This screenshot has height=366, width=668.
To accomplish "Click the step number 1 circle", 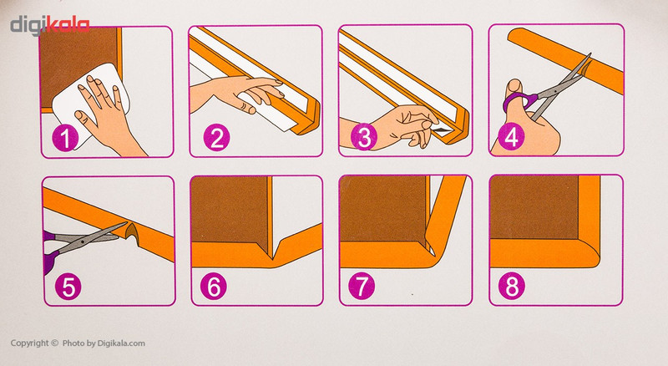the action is (65, 138).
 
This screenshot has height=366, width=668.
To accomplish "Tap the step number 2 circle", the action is (216, 137).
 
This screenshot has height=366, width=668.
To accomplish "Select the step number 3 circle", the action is (364, 137).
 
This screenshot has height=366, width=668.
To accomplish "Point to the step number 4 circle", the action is (512, 137).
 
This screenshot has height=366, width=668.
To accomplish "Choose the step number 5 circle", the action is (68, 287).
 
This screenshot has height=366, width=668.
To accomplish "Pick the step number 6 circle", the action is (214, 287).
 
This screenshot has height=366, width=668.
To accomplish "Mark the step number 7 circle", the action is (362, 286).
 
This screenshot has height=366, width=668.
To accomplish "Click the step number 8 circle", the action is (512, 286).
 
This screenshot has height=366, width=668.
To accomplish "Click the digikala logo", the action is (50, 25).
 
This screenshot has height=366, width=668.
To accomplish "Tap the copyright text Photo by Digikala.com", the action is (104, 343).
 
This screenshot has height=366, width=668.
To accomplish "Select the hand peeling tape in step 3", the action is (392, 127).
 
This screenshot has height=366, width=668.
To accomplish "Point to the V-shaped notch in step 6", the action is (273, 251).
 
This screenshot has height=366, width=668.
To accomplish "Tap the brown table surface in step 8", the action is (534, 207).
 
